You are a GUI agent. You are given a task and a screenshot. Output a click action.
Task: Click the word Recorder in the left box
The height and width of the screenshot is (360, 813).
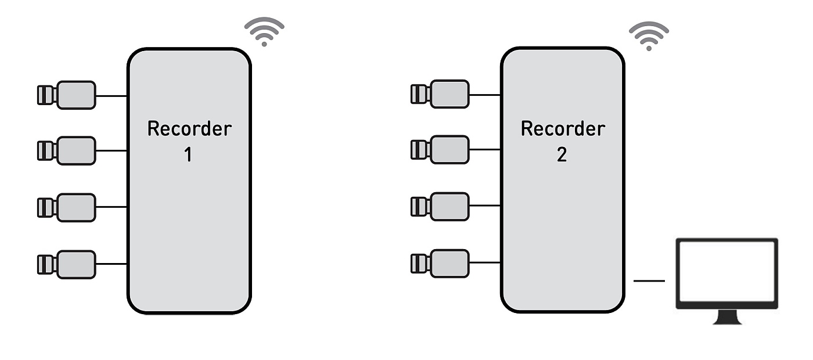point(189,128)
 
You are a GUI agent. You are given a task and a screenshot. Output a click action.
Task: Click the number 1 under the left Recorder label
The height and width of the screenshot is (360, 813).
point(188,155)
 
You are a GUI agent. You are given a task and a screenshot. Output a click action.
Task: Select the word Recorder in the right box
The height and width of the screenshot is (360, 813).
point(563,128)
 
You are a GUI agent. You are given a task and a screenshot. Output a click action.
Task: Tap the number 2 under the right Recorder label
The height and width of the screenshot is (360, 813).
point(562,155)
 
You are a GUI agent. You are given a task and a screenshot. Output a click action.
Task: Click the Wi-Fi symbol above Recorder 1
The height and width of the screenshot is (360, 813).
point(264,32)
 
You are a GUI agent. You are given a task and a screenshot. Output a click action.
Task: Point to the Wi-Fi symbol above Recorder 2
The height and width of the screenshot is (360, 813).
point(649,36)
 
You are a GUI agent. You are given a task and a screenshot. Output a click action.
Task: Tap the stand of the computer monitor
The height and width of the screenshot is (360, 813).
point(726,317)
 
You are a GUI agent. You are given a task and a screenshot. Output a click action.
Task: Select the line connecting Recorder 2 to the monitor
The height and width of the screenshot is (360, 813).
point(649,281)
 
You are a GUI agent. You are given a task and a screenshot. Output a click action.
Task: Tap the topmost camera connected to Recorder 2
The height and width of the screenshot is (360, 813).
point(441,94)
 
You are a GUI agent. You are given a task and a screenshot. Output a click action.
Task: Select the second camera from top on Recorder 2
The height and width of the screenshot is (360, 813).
point(441,150)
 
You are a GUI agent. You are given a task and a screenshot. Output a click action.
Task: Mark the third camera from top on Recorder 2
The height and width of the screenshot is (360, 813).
point(441,206)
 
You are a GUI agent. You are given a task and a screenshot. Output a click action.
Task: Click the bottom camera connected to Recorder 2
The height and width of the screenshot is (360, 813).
point(441,263)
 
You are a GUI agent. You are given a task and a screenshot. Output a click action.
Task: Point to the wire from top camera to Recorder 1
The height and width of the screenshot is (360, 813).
point(111,96)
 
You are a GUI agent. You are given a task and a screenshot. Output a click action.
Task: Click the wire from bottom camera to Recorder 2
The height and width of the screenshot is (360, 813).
point(485,263)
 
